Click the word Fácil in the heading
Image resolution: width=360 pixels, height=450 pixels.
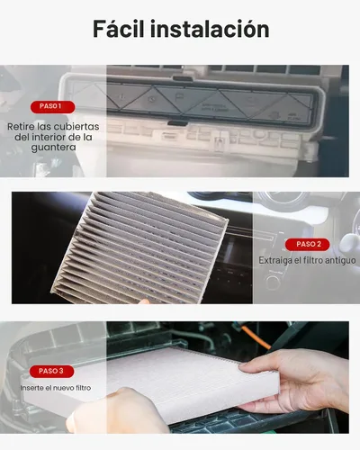pos(119,29)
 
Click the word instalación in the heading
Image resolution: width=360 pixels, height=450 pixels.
pos(210,29)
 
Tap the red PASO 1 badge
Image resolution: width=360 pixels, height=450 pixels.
pos(52,107)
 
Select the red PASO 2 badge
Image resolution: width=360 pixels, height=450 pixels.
pos(307,245)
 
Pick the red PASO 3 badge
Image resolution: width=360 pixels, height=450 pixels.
pos(51,372)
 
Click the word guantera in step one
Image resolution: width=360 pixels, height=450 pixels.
pos(53,148)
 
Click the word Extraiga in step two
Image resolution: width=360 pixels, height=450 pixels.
pos(274,260)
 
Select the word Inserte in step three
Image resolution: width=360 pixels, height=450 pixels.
pos(31,388)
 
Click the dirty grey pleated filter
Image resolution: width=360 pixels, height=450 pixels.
pos(139,247)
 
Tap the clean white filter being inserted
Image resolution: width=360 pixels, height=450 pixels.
pos(156,385)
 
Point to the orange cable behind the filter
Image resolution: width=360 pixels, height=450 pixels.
pos(255,337)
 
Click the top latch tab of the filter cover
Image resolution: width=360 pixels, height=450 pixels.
pos(183,78)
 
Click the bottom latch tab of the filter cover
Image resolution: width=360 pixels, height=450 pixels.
pos(178,123)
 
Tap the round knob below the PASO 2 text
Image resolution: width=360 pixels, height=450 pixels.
pos(273,282)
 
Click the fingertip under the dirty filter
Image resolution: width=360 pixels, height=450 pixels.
pos(144,301)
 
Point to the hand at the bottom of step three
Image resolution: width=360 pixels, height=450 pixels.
pos(117,412)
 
